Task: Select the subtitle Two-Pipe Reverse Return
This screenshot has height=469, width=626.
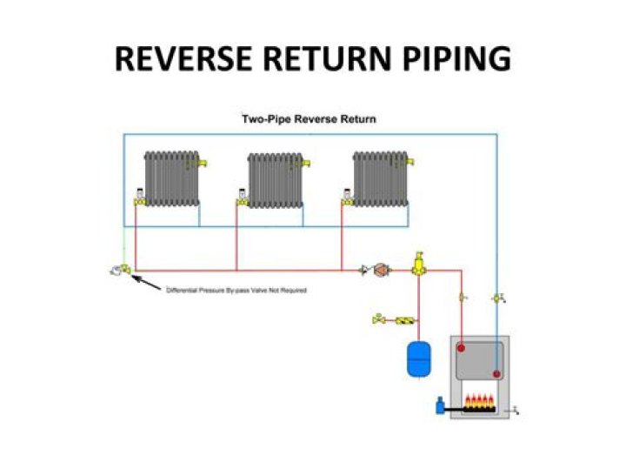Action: [x=309, y=119]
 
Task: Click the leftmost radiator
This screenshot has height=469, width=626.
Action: [x=172, y=178]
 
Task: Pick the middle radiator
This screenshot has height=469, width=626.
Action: [x=276, y=180]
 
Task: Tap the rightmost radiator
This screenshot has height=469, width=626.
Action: [x=380, y=178]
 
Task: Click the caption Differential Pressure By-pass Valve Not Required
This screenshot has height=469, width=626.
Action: [x=236, y=290]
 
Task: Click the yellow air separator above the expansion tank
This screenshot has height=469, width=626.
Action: [x=418, y=264]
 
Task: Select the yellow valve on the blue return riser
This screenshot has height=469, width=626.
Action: [x=497, y=298]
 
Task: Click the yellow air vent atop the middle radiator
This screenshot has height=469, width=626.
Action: [x=305, y=163]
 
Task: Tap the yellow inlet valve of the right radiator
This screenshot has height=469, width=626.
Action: [x=345, y=200]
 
